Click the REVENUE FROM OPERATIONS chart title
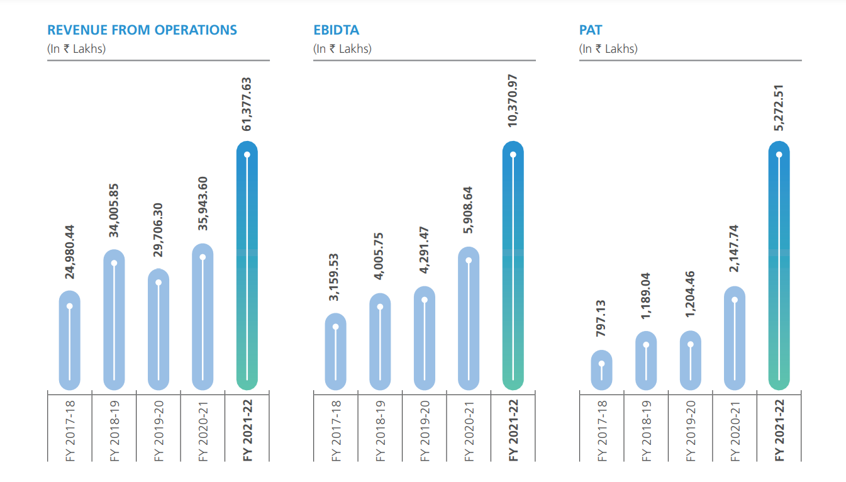point(142,30)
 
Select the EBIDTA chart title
point(336,30)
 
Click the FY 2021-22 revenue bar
point(247,264)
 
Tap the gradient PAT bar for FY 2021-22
point(779,264)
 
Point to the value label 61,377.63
point(247,104)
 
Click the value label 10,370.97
point(513,101)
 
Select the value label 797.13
point(601,320)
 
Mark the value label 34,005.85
point(114,211)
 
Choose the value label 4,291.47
point(425,250)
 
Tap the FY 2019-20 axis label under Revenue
point(159,430)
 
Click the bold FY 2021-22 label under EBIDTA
point(513,430)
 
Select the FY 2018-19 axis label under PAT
point(647,430)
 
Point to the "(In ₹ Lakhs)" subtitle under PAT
point(608,48)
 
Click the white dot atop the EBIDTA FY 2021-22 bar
point(513,154)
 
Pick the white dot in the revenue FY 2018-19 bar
point(114,263)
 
